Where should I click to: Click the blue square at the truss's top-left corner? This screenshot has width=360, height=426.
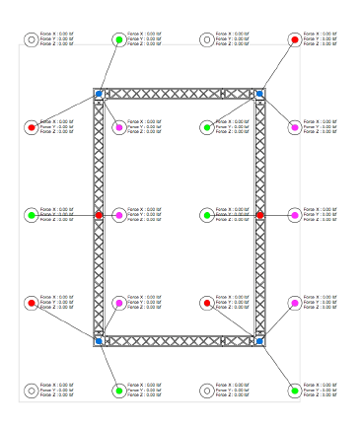point(99,94)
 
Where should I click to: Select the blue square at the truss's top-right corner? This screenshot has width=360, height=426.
point(259,94)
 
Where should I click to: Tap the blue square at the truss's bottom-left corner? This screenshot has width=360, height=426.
point(99,341)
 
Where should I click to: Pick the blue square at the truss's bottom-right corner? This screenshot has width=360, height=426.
point(259,341)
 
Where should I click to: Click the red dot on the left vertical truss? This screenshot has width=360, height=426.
point(99,215)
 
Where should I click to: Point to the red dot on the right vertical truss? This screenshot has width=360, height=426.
point(260,215)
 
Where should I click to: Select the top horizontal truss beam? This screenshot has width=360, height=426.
point(179,94)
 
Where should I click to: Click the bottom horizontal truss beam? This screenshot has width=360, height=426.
point(179,341)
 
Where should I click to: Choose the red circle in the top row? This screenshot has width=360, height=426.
point(294,39)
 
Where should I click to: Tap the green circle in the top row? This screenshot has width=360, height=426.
point(118,39)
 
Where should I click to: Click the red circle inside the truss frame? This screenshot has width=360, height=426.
point(206,303)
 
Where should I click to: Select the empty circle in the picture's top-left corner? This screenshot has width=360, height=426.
point(31,39)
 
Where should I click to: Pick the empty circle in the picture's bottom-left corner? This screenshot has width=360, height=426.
point(31,390)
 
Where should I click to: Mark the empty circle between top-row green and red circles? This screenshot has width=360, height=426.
point(206,39)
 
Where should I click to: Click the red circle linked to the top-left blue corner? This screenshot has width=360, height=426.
point(31,127)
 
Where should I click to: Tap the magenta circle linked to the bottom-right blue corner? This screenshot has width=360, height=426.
point(294,303)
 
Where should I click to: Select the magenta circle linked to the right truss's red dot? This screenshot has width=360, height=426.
point(294,215)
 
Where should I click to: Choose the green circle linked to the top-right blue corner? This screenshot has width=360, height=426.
point(206,127)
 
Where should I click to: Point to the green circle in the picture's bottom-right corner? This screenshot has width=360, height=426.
point(294,390)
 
